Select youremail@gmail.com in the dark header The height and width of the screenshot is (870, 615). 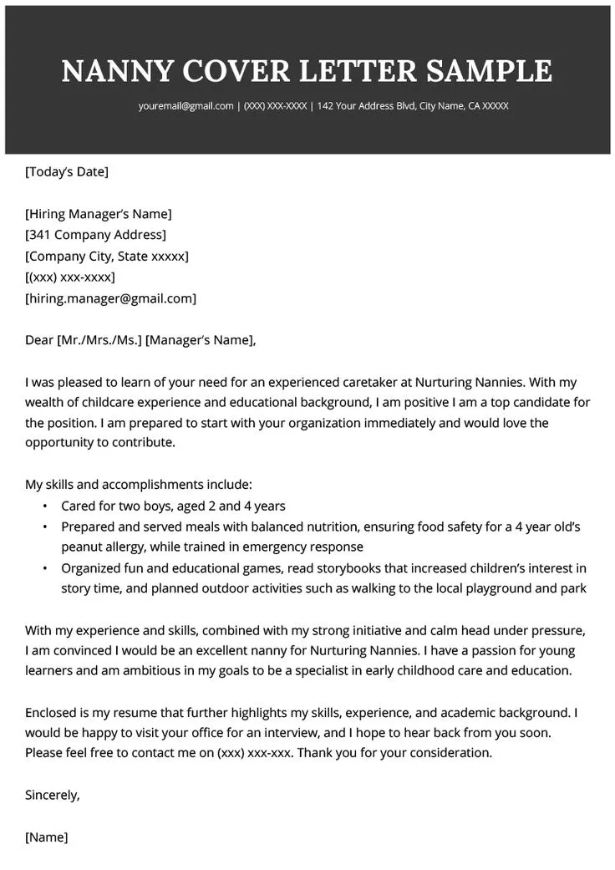[186, 106]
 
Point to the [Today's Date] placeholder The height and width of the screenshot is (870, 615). [67, 172]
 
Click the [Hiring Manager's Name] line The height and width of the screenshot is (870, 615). [99, 214]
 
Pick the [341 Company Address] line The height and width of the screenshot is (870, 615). [95, 235]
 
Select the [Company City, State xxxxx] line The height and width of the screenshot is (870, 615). [107, 256]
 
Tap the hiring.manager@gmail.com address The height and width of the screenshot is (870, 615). [111, 298]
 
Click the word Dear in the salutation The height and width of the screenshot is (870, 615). [38, 340]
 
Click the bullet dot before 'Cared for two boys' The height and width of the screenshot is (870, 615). [44, 506]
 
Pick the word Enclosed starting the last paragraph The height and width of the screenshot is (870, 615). [53, 713]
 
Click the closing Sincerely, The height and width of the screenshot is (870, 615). [53, 795]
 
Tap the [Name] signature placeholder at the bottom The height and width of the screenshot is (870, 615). [47, 837]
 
